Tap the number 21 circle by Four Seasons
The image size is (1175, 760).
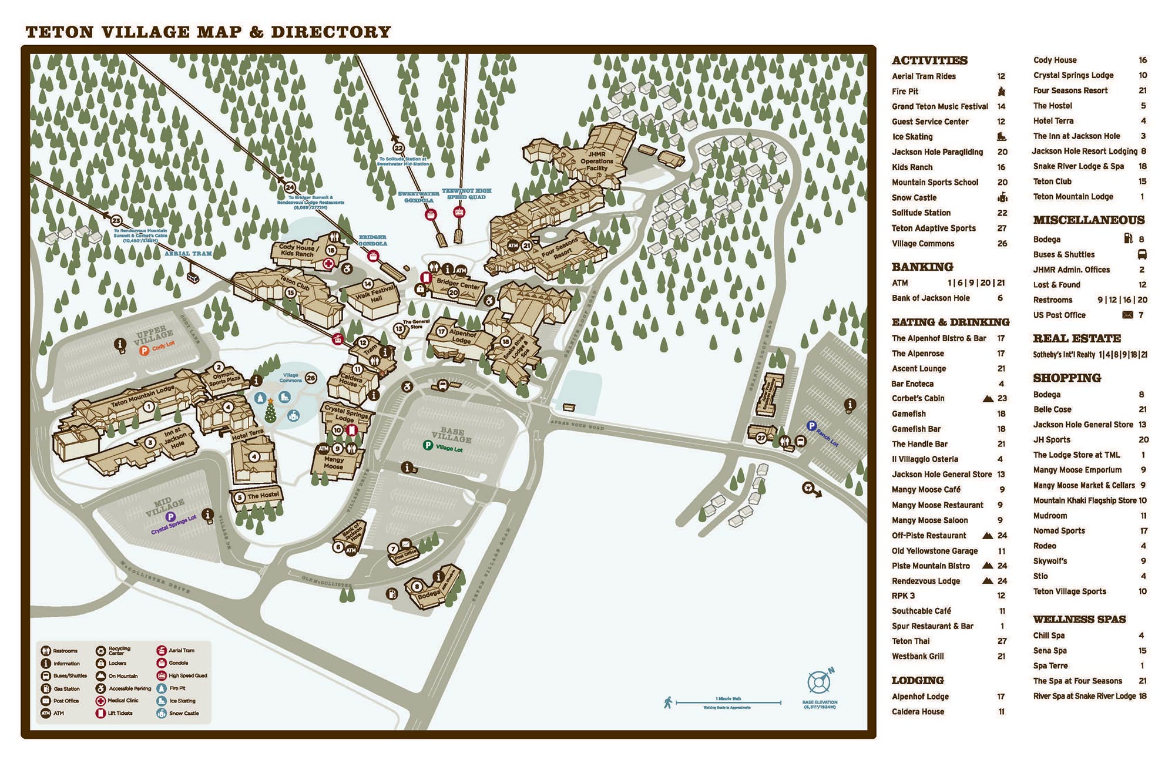click(526, 246)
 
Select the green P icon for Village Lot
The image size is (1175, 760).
click(428, 446)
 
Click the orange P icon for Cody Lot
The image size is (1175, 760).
click(144, 351)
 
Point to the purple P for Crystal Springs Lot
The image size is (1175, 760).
click(170, 517)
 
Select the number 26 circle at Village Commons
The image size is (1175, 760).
click(311, 378)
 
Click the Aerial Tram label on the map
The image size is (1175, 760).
click(188, 254)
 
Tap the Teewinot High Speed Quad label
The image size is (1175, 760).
click(466, 194)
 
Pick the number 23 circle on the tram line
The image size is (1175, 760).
click(116, 221)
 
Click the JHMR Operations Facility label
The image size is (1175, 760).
click(596, 161)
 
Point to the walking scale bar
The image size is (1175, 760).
click(728, 702)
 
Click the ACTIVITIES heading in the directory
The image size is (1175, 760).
click(929, 60)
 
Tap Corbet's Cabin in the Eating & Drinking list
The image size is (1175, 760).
click(918, 398)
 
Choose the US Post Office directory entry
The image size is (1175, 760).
click(1059, 315)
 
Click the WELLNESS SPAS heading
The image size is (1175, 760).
click(1079, 619)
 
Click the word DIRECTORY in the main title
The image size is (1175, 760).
click(331, 32)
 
